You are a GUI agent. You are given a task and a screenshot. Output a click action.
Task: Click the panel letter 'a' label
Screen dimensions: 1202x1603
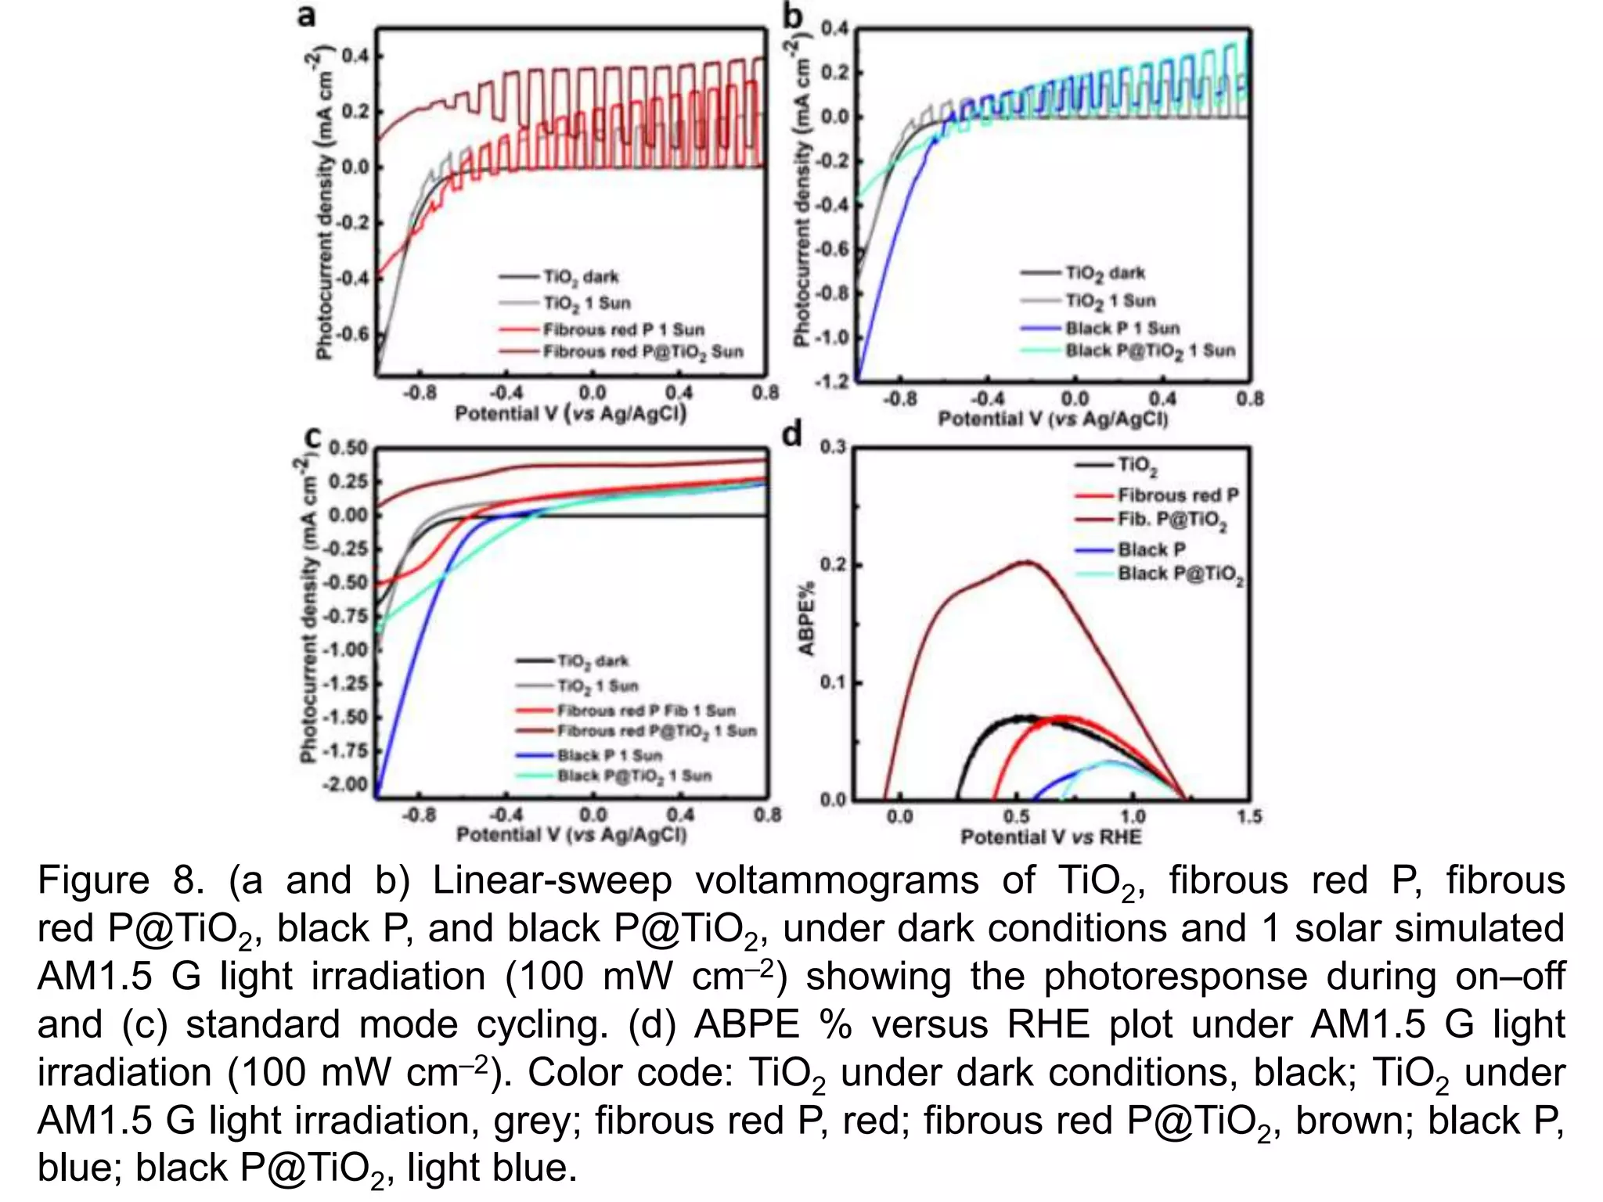pyautogui.click(x=306, y=16)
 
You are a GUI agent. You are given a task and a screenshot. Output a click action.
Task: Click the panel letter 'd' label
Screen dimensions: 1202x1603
pyautogui.click(x=792, y=433)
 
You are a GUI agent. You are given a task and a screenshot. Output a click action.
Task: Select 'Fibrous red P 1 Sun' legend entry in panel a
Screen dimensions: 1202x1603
pyautogui.click(x=623, y=329)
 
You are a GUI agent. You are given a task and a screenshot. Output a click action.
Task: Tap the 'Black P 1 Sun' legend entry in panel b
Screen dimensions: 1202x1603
pyautogui.click(x=1122, y=328)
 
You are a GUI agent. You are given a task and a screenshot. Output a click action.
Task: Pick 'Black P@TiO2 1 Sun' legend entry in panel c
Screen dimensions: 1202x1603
pyautogui.click(x=633, y=776)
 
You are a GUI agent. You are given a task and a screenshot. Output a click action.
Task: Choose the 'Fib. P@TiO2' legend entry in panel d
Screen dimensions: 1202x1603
pyautogui.click(x=1172, y=520)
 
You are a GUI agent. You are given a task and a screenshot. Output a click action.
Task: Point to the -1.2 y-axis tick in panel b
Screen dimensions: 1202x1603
pyautogui.click(x=831, y=381)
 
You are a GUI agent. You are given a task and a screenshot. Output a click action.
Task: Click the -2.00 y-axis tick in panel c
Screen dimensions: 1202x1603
pyautogui.click(x=345, y=784)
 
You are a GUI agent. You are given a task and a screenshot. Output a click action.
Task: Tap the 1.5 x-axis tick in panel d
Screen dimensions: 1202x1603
pyautogui.click(x=1248, y=817)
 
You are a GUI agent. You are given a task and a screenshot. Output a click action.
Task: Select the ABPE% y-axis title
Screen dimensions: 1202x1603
pyautogui.click(x=806, y=618)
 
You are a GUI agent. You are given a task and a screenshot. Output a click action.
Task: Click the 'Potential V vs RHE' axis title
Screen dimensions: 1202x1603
pyautogui.click(x=1050, y=837)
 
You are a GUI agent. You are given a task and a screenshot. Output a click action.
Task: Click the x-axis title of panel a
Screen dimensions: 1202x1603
pyautogui.click(x=571, y=413)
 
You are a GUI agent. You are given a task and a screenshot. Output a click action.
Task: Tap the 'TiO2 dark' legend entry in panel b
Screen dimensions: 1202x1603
pyautogui.click(x=1104, y=273)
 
